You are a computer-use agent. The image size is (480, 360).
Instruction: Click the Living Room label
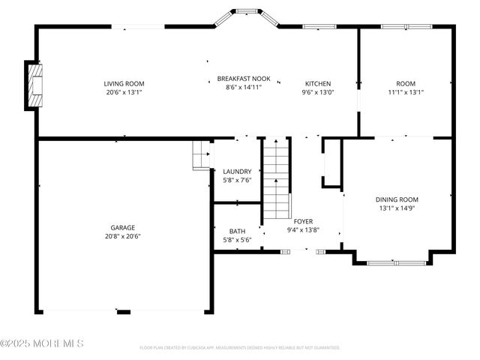[124, 83]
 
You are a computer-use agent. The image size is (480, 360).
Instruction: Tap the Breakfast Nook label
[239, 78]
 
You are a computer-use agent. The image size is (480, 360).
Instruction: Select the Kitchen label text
[318, 83]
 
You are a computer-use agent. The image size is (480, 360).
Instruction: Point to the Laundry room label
[237, 172]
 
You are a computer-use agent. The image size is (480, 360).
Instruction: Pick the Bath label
[237, 231]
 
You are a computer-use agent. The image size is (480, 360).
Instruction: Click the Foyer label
[303, 221]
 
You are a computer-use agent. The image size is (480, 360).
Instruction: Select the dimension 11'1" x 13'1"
[406, 92]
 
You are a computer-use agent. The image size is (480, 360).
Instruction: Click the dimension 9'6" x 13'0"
[318, 92]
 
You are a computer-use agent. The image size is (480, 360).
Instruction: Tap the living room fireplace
[34, 85]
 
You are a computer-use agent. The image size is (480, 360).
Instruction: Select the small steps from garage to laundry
[201, 155]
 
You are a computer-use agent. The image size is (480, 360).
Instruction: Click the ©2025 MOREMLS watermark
[42, 343]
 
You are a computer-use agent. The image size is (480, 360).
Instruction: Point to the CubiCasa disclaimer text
[240, 347]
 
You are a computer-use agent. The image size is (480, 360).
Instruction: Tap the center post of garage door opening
[124, 312]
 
